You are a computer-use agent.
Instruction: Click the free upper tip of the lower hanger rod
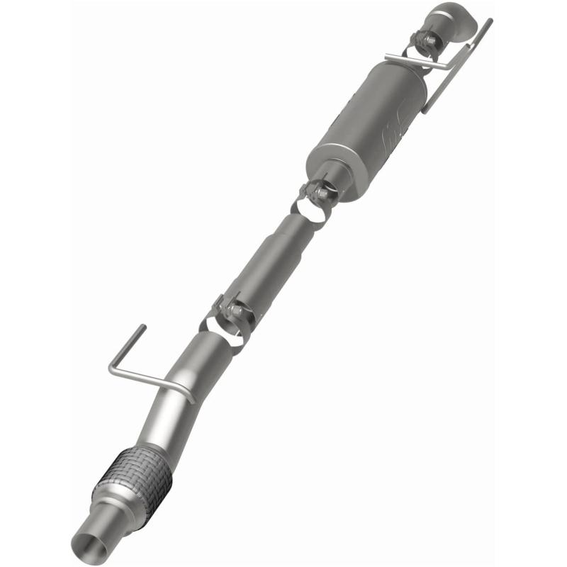click(x=143, y=327)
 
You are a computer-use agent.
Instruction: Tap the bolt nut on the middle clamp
click(x=321, y=192)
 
